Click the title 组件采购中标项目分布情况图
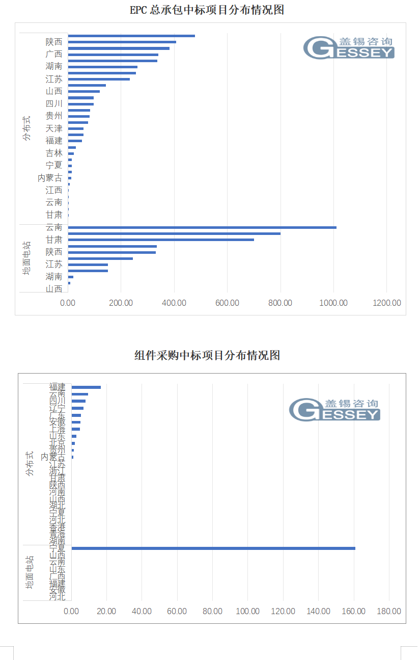point(207,355)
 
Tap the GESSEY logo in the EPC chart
point(349,47)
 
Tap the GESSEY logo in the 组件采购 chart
point(334,410)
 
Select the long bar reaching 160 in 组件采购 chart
point(213,548)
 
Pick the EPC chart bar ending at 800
point(174,233)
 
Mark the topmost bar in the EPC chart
point(131,36)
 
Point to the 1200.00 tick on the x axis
point(387,303)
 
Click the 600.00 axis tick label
point(228,303)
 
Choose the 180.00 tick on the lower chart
point(388,611)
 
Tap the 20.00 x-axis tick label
point(106,611)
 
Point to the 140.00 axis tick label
point(318,611)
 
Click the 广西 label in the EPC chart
point(54,54)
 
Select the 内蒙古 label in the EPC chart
point(50,178)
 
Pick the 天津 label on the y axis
point(54,128)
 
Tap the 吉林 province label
point(54,153)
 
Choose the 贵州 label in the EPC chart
point(54,116)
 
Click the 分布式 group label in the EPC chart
point(26,128)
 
